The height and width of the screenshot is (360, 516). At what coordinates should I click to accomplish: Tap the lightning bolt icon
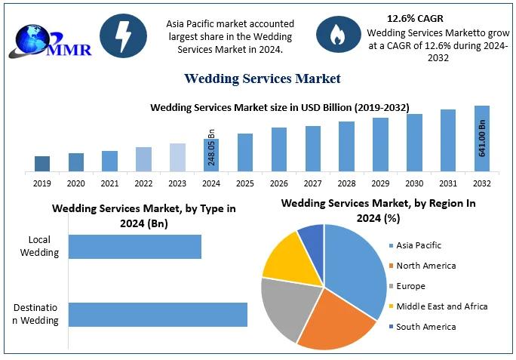click(122, 35)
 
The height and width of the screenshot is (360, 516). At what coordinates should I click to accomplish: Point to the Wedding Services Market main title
click(263, 78)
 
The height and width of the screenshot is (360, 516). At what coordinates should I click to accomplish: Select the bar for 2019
click(42, 163)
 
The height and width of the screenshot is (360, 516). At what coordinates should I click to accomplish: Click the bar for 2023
click(177, 157)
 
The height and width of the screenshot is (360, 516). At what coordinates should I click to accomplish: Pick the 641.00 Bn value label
click(482, 138)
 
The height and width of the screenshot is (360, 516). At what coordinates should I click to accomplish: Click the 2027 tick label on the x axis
click(313, 183)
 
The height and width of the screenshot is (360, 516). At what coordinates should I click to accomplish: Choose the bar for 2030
click(414, 142)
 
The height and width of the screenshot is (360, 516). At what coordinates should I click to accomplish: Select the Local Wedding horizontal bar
click(135, 247)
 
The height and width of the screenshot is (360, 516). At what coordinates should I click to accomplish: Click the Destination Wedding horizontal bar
click(158, 314)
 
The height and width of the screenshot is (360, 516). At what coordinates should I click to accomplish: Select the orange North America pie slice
click(336, 320)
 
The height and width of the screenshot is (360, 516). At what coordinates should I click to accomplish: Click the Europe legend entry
click(410, 286)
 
